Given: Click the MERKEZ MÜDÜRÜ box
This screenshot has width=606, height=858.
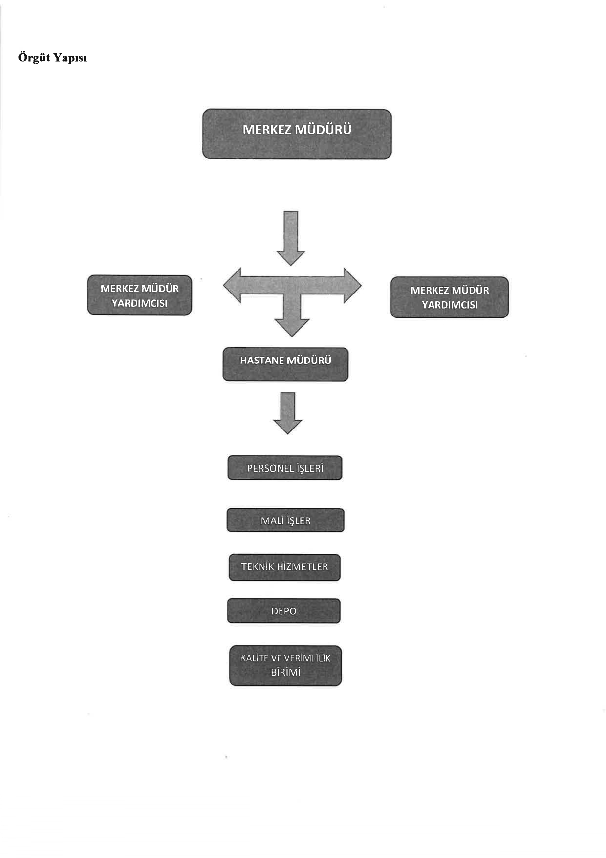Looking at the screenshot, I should (x=297, y=134).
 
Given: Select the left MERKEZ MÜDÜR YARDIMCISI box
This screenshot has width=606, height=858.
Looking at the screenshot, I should (x=139, y=295).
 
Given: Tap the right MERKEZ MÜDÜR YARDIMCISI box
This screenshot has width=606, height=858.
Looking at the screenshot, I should (x=449, y=297).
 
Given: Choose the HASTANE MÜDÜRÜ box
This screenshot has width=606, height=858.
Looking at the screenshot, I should (x=285, y=364).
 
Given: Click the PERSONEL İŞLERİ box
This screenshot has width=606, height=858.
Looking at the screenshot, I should (x=285, y=468).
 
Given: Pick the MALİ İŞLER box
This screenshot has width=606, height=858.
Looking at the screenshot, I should (x=285, y=520).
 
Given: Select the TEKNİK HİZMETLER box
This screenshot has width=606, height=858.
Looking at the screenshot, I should (x=284, y=567).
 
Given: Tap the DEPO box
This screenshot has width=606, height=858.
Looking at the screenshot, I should (x=283, y=611).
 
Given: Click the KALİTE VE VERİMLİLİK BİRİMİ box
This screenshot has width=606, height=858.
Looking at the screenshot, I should (x=285, y=665).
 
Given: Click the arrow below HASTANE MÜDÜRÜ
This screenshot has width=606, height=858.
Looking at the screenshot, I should (x=287, y=413).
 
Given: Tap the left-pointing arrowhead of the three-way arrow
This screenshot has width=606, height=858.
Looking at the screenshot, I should (x=233, y=285).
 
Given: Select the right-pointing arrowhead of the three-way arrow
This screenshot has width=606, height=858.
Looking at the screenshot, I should (x=352, y=285).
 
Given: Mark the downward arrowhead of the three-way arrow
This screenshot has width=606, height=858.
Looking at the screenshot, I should (x=292, y=327).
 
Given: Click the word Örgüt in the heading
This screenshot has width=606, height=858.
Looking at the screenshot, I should (x=34, y=57).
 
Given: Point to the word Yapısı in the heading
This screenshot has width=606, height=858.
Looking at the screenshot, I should (x=70, y=58).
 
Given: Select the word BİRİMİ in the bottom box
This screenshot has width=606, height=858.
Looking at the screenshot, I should (x=285, y=672).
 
